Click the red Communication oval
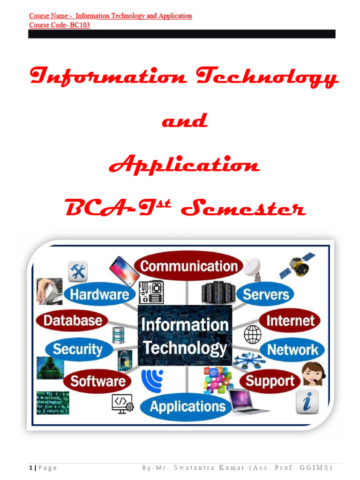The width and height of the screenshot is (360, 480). (188, 266)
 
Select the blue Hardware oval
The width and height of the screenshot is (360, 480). (99, 294)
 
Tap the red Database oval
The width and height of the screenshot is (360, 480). (72, 321)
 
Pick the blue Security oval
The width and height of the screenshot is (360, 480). (78, 349)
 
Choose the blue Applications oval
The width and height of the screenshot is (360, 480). (187, 406)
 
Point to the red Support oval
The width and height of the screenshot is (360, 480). (270, 381)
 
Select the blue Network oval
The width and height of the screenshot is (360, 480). (292, 349)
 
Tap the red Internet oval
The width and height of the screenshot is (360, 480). (290, 321)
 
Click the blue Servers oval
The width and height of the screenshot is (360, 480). (265, 294)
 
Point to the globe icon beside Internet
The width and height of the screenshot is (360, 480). (253, 335)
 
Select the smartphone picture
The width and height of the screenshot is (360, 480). (124, 271)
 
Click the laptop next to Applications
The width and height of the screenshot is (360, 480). (248, 401)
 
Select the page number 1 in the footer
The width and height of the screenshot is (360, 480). (31, 468)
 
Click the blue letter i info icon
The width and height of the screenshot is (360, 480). (307, 402)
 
